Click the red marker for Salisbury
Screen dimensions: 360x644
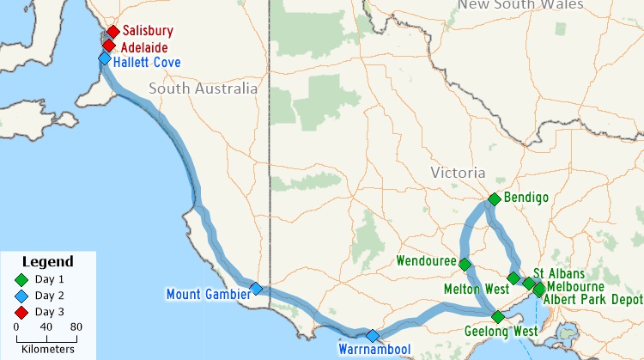click(x=112, y=32)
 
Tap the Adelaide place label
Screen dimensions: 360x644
click(x=143, y=48)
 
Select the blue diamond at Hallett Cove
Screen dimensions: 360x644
click(x=105, y=58)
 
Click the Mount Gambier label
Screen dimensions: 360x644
click(x=208, y=295)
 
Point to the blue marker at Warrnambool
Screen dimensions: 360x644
click(x=372, y=336)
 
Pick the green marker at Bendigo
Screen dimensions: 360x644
click(x=494, y=199)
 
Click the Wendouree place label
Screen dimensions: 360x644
click(x=425, y=260)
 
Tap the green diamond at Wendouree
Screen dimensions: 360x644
click(x=465, y=265)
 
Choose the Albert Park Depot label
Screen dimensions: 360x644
click(x=593, y=300)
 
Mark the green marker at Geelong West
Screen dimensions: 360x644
click(x=498, y=317)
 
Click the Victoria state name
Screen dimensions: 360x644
click(x=458, y=173)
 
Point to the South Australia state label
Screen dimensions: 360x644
click(x=203, y=88)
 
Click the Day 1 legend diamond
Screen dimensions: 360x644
click(x=21, y=279)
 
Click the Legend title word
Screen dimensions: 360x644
click(x=47, y=261)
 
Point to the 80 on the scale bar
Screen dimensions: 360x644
click(x=76, y=326)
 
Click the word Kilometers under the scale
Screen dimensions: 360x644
click(x=47, y=349)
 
